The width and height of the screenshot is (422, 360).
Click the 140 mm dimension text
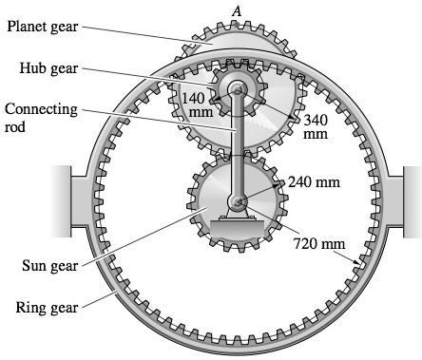193,103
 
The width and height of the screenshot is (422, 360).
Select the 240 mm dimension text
314,180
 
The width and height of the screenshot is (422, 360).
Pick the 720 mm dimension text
319,244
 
